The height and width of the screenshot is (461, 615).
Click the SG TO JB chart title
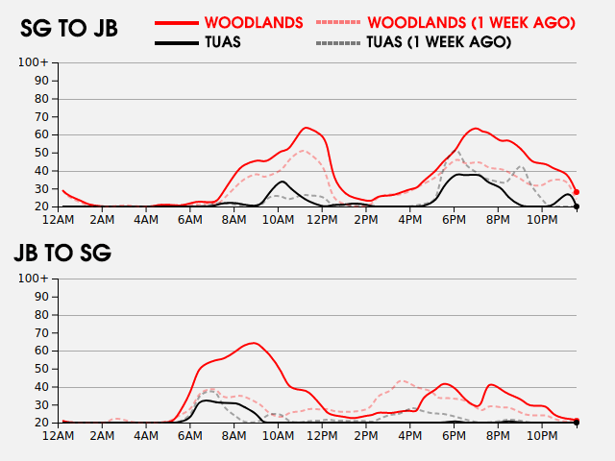click(69, 29)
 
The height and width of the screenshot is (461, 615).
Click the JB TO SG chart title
click(62, 254)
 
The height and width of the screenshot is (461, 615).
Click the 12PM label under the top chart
click(322, 220)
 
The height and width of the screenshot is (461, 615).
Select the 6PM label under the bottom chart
click(454, 436)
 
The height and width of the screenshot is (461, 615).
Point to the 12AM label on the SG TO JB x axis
click(60, 220)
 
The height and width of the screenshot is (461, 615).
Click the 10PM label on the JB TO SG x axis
click(541, 436)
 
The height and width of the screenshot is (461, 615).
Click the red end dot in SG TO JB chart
click(577, 192)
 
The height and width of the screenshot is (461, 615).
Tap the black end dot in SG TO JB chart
click(577, 206)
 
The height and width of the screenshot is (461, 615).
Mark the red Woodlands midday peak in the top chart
click(306, 128)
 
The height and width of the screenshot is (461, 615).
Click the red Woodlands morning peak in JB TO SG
click(253, 343)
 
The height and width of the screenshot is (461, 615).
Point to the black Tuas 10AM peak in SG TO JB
click(282, 182)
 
